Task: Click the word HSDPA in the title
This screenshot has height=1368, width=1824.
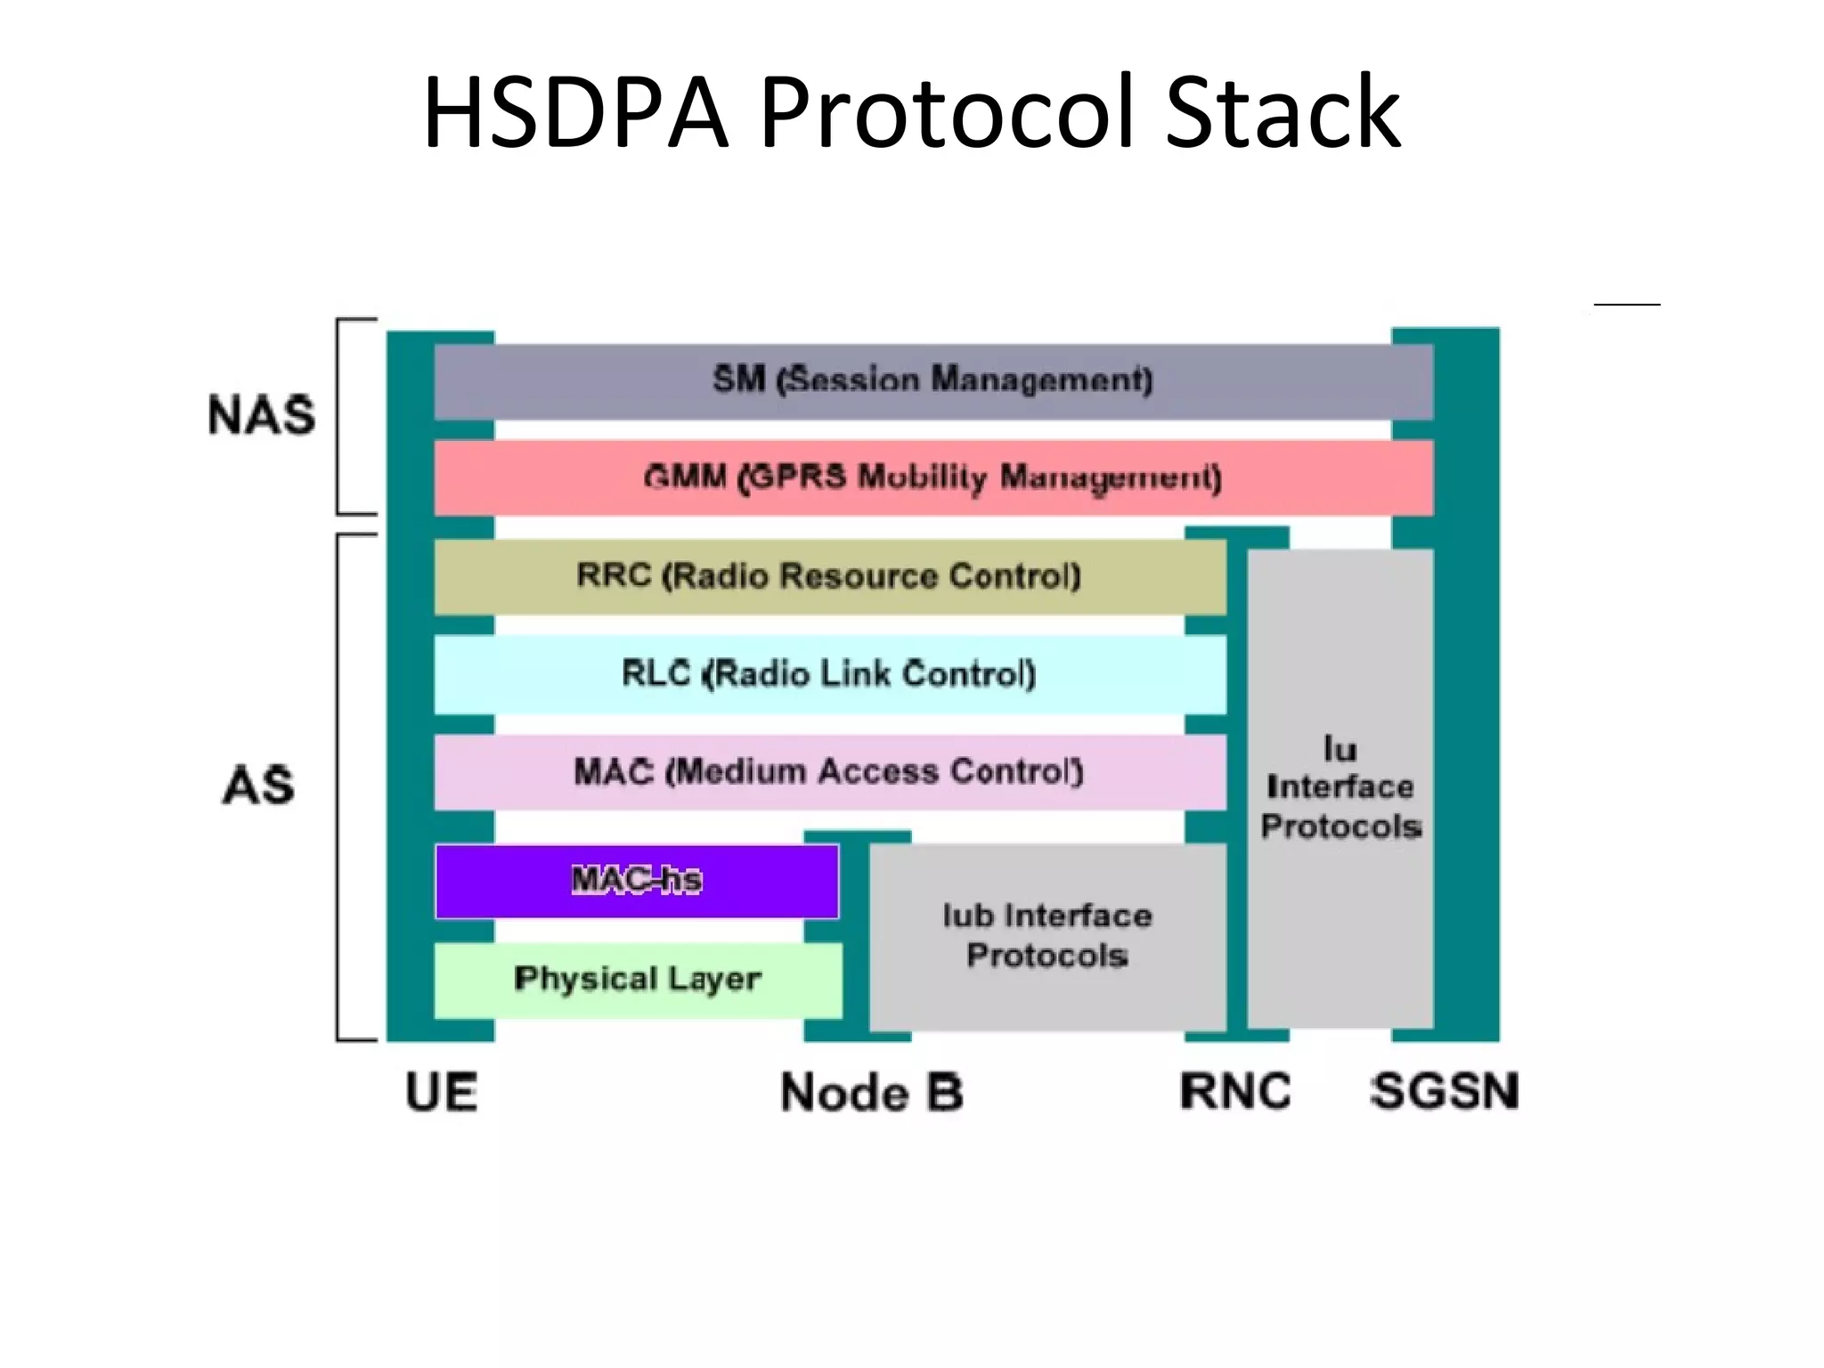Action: (575, 112)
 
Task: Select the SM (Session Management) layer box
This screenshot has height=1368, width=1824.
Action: (932, 381)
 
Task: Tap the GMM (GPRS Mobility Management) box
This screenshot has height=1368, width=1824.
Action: (932, 477)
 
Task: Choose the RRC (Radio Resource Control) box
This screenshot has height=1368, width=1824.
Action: (829, 576)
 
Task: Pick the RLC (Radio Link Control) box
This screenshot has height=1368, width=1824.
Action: (829, 674)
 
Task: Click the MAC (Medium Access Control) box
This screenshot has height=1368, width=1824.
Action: (829, 771)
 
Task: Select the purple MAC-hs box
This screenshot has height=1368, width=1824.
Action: (636, 881)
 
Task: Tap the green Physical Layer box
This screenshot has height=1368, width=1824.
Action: (638, 980)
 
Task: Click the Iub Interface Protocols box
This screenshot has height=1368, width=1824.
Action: (1047, 935)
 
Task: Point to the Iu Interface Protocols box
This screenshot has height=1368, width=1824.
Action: (1340, 788)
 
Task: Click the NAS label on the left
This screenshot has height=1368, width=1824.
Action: (261, 415)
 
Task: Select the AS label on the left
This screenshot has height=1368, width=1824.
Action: (258, 786)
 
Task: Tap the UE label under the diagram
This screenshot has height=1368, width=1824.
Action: (442, 1092)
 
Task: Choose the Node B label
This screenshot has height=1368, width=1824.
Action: (871, 1092)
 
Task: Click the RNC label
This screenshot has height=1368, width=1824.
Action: (1235, 1092)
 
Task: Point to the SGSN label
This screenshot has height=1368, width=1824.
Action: (1444, 1092)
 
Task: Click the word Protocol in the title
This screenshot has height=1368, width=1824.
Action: (946, 112)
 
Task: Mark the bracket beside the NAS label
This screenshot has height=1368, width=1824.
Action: (339, 416)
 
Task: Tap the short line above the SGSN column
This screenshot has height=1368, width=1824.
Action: (1626, 305)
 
